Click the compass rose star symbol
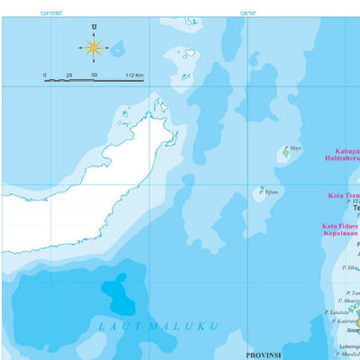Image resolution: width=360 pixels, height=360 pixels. pos(93,48)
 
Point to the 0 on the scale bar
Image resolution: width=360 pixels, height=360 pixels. pos(45,76)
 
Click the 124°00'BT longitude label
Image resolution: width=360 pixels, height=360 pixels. pos(51,13)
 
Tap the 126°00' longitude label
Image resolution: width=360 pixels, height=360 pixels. pos(248,13)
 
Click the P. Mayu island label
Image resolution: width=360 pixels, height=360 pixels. pos(293,148)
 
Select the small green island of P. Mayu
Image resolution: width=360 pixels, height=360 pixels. pos(285,154)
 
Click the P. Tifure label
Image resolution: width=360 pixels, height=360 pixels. pos(268,192)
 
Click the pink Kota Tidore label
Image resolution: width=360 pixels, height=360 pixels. pos(340,226)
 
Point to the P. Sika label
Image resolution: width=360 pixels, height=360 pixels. pos(350,267)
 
